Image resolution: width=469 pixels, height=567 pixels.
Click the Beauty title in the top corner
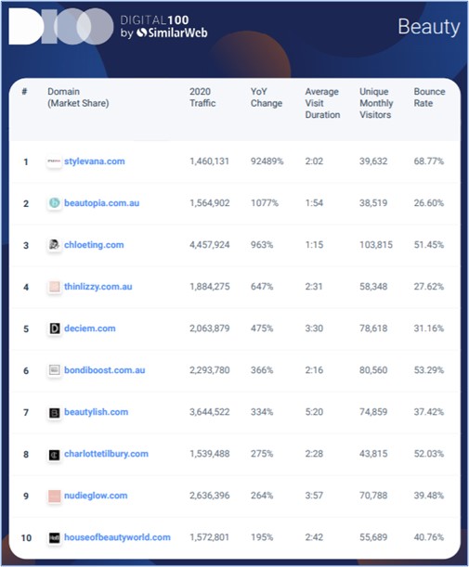[x=429, y=27]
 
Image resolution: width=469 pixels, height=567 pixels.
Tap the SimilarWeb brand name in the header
[x=172, y=32]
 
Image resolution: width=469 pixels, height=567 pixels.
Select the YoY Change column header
[x=267, y=97]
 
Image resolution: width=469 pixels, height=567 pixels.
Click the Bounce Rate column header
[x=430, y=97]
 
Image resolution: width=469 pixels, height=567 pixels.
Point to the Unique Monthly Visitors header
[x=376, y=103]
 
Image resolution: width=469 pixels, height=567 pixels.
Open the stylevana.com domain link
[x=95, y=161]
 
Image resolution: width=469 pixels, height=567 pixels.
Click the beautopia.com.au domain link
[x=101, y=203]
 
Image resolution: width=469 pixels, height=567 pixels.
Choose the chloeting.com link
[x=94, y=245]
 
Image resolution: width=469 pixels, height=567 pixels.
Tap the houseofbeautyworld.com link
[x=117, y=537]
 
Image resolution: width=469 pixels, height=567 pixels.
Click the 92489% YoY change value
[x=267, y=161]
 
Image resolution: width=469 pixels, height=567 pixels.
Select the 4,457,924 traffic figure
[x=210, y=245]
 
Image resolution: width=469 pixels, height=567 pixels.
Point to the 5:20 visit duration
[x=314, y=412]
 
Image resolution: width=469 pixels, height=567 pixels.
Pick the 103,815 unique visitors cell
[x=376, y=245]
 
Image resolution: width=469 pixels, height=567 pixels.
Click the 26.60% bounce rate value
[x=429, y=203]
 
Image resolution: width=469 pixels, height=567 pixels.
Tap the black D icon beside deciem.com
[x=55, y=329]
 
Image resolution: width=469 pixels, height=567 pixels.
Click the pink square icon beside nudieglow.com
[x=55, y=496]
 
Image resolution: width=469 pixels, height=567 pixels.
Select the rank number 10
[x=26, y=537]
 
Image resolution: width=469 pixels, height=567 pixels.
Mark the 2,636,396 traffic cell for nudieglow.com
[x=210, y=496]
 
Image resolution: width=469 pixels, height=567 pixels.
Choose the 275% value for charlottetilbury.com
[x=262, y=454]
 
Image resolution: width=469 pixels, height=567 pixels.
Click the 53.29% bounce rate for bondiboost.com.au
[x=429, y=370]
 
